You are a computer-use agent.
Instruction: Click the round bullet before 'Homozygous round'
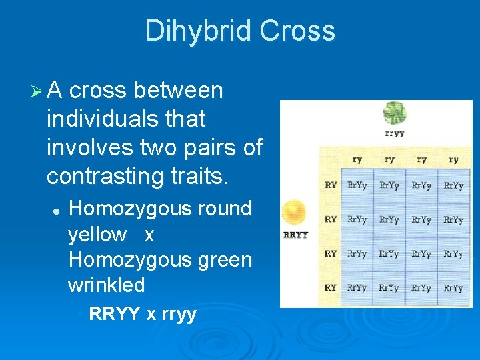[x=57, y=209]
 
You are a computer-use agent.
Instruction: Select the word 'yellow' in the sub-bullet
[x=97, y=234]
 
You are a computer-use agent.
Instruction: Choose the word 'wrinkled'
[x=107, y=285]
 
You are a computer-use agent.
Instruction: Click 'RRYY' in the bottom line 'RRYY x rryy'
[x=115, y=313]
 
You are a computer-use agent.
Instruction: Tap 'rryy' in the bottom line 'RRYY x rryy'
[x=179, y=313]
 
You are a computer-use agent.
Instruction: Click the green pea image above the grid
[x=395, y=113]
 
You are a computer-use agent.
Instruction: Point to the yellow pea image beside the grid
[x=294, y=213]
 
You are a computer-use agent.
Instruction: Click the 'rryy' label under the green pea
[x=395, y=133]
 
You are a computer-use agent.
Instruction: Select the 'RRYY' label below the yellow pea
[x=296, y=235]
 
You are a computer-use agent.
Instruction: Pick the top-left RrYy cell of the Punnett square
[x=357, y=185]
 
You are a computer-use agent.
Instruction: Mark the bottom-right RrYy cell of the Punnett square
[x=453, y=288]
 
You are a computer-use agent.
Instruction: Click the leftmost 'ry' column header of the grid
[x=357, y=160]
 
